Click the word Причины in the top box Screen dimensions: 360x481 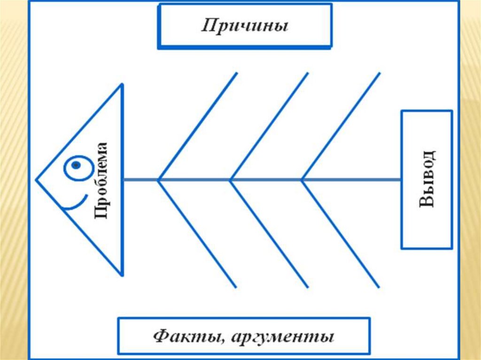245,26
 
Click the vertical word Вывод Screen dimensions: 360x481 427,179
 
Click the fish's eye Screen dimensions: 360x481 76,166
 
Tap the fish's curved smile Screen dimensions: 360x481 75,203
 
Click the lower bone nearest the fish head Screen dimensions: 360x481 198,233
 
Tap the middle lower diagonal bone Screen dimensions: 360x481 269,233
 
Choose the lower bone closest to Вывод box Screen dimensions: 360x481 341,233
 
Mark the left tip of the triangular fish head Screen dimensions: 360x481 37,179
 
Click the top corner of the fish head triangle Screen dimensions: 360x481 122,84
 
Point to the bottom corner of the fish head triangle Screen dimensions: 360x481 122,275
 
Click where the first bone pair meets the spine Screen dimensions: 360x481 159,179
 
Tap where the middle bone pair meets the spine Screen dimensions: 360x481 231,179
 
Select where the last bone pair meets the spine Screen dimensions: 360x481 302,179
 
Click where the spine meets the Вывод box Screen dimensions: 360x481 401,179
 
